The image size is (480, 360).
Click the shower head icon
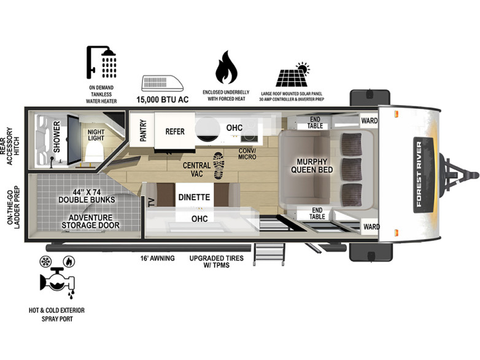[x=101, y=63]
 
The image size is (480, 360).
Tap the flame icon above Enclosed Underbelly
[x=226, y=67]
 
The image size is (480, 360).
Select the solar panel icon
[x=293, y=75]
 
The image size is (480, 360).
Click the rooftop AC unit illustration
[x=163, y=83]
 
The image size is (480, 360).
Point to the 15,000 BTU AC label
[x=163, y=100]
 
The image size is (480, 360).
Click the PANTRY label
[x=143, y=130]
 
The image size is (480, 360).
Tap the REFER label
[x=175, y=131]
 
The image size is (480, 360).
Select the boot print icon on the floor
[x=219, y=165]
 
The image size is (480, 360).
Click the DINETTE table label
[x=194, y=197]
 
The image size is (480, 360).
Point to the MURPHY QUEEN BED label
[x=312, y=166]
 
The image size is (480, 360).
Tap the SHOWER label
[x=57, y=136]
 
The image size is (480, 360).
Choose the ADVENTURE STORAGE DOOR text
[x=90, y=222]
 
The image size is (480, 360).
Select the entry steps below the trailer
[x=269, y=254]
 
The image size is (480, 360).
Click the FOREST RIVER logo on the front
[x=423, y=174]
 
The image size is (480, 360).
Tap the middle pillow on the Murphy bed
[x=352, y=169]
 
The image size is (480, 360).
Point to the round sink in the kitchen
[x=207, y=128]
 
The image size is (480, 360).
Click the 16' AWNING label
[x=157, y=258]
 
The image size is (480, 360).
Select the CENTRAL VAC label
[x=196, y=170]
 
